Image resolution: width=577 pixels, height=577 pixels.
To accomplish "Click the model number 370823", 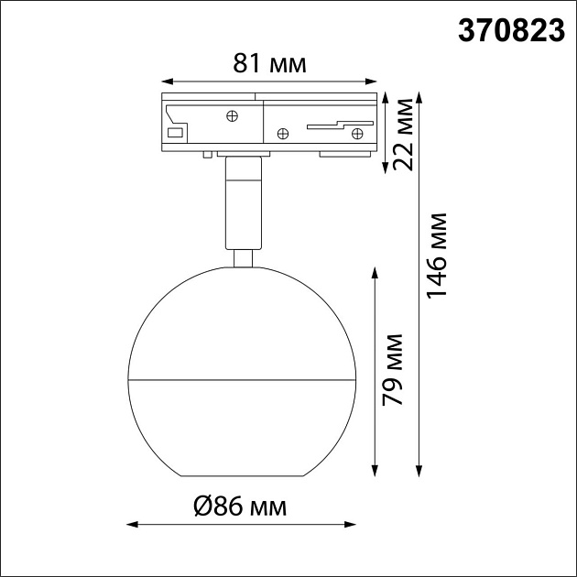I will (510, 31).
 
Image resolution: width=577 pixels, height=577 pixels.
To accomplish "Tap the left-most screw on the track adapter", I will (233, 115).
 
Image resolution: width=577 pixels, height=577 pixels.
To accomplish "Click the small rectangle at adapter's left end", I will (174, 133).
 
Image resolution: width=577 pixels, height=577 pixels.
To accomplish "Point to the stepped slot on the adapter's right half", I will (339, 124).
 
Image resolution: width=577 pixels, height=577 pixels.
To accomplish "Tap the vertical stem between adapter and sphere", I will (242, 201).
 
